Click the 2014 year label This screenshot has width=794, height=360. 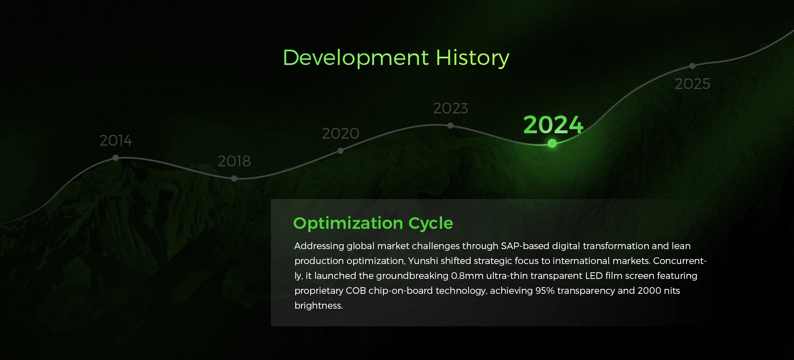(116, 141)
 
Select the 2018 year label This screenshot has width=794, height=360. (234, 161)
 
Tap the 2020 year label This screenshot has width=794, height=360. (340, 133)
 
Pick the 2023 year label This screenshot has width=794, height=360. (451, 108)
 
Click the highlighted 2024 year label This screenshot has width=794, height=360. (553, 125)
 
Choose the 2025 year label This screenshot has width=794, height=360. (693, 84)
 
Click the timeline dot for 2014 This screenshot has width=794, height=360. (115, 158)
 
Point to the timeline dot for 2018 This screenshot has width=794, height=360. (234, 179)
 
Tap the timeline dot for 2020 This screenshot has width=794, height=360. (340, 151)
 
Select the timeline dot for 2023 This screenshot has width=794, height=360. (450, 125)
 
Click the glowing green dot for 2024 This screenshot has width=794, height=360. (552, 144)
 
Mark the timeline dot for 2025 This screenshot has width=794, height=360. (692, 66)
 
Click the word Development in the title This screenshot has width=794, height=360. (356, 58)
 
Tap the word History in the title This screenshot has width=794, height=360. (473, 58)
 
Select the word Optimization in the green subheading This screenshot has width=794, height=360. (348, 224)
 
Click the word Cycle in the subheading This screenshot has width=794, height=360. (431, 224)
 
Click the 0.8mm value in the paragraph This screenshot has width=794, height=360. (467, 276)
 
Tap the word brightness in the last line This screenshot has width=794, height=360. (319, 305)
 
